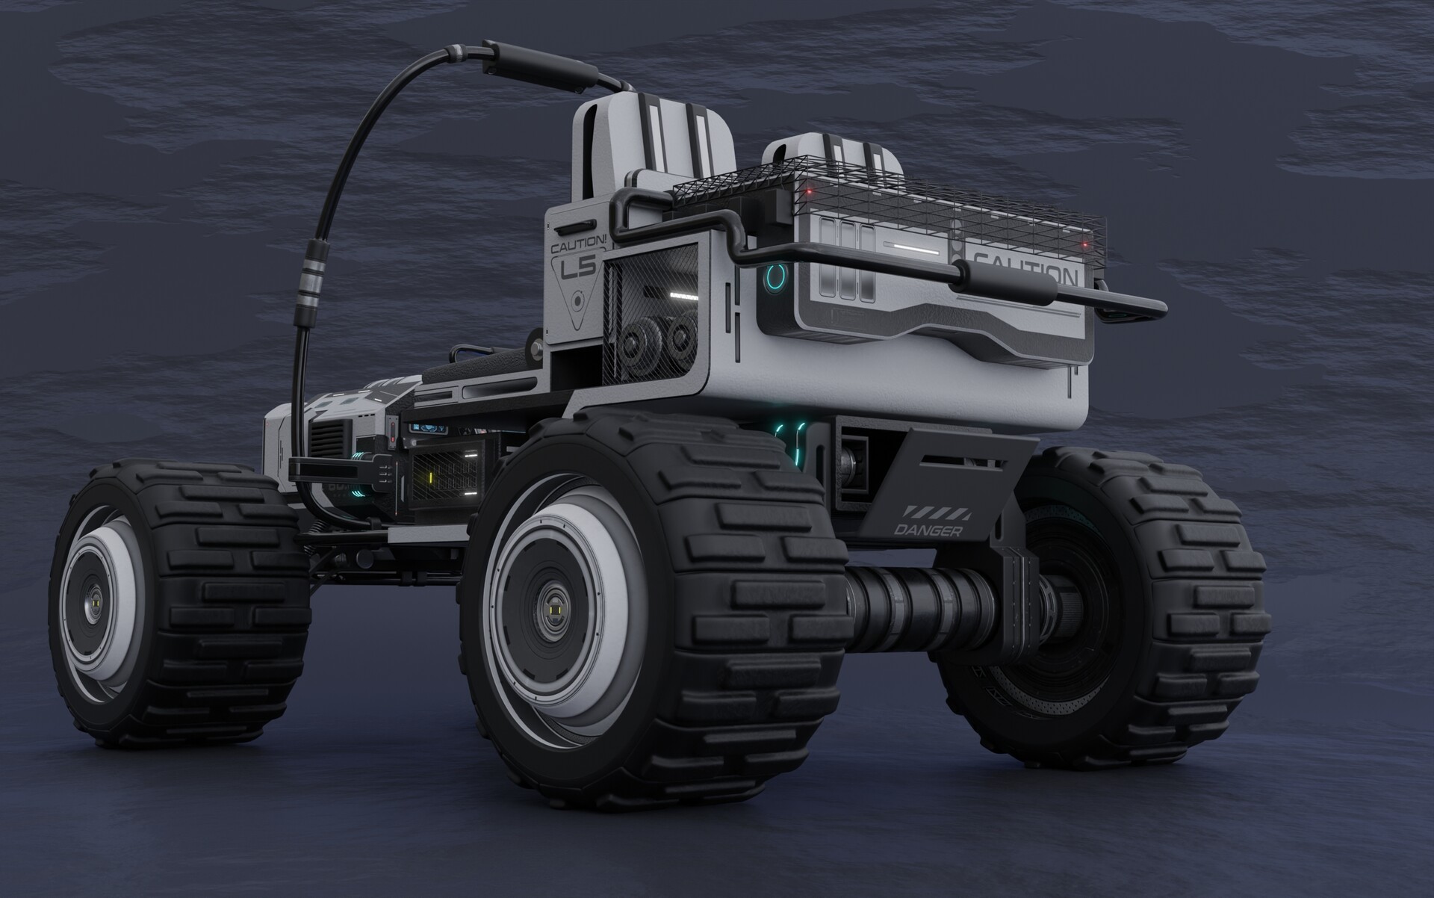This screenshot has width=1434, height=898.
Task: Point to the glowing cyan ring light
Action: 775,279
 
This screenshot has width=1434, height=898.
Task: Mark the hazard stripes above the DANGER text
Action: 937,513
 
